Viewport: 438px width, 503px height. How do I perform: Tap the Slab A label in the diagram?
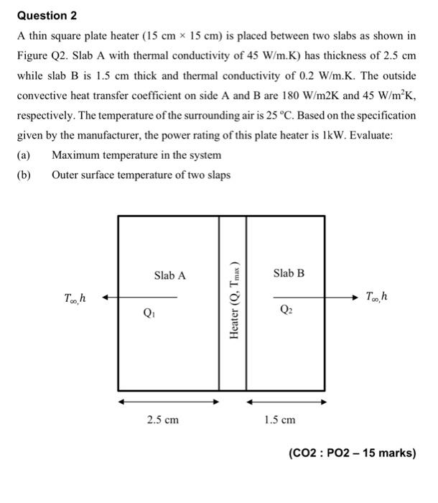[x=169, y=275]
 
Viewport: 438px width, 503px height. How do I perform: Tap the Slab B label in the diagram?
[x=289, y=273]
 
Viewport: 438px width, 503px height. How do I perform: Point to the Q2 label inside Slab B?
[x=284, y=311]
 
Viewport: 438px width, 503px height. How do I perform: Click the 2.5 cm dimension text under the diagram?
[x=162, y=420]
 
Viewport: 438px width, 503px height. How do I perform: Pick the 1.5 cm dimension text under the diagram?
[x=279, y=420]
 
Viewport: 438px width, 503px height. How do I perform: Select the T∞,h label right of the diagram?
[x=378, y=296]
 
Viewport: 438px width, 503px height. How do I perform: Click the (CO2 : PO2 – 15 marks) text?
[x=352, y=453]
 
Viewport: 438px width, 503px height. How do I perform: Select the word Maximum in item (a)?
[x=76, y=155]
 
